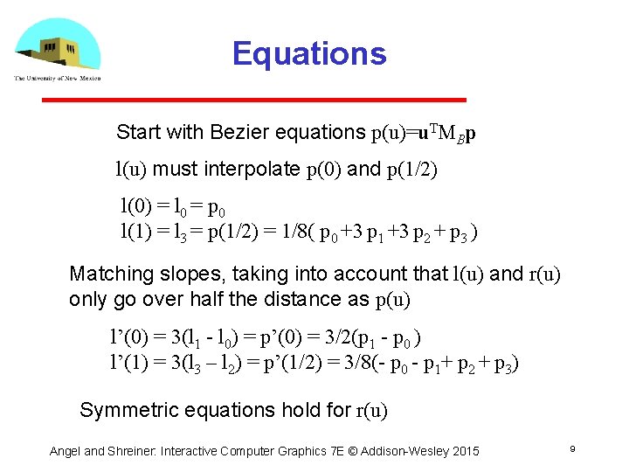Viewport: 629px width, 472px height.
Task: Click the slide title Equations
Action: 308,54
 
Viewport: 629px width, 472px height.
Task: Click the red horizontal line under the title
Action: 254,100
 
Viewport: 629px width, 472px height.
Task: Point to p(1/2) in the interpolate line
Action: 411,170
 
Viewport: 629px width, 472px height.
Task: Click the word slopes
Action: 180,274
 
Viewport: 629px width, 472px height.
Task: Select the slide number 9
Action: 571,448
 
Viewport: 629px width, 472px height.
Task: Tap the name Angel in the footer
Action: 65,451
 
